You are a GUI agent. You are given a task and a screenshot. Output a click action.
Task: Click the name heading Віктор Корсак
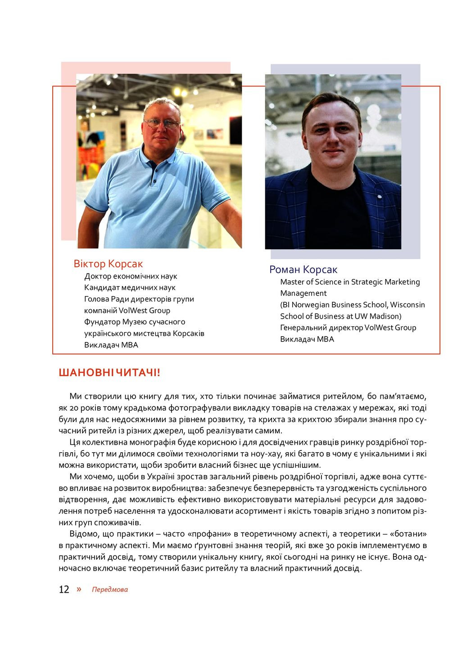(108, 264)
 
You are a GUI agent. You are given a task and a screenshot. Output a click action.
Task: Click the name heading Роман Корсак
(303, 270)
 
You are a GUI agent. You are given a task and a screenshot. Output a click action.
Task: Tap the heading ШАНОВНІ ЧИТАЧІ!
(109, 373)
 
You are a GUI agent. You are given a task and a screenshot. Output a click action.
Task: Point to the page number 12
(64, 589)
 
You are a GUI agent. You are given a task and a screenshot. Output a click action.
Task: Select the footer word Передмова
(110, 589)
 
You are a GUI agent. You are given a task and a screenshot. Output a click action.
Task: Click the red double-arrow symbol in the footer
(79, 589)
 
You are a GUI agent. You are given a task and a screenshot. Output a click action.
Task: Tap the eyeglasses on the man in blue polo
(161, 123)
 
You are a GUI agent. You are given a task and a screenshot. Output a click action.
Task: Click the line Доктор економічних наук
(131, 276)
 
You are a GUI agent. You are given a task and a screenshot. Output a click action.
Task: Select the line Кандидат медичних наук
(130, 288)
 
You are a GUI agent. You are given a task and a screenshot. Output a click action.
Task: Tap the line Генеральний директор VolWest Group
(348, 328)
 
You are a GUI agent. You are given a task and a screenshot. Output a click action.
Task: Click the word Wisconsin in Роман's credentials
(407, 305)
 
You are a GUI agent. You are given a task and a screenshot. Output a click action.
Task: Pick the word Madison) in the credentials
(385, 316)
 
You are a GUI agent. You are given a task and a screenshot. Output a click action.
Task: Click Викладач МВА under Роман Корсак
(307, 339)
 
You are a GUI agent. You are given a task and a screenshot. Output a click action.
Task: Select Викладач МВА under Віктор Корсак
(111, 345)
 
